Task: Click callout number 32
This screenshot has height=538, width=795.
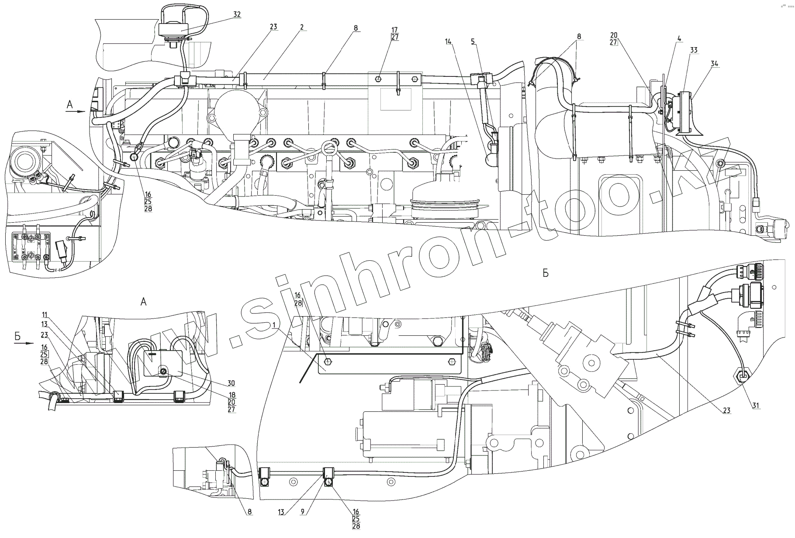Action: [x=237, y=14]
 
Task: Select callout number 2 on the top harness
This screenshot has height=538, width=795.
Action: [x=301, y=27]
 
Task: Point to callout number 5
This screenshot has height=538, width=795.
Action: [x=473, y=41]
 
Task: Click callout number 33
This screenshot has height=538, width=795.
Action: [x=694, y=50]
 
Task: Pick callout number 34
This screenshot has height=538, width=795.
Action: [x=714, y=64]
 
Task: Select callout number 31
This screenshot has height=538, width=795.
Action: [x=756, y=405]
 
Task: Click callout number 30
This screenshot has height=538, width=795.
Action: [x=231, y=383]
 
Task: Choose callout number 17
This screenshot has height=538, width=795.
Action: [x=395, y=30]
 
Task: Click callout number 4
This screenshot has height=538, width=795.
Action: [x=679, y=39]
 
